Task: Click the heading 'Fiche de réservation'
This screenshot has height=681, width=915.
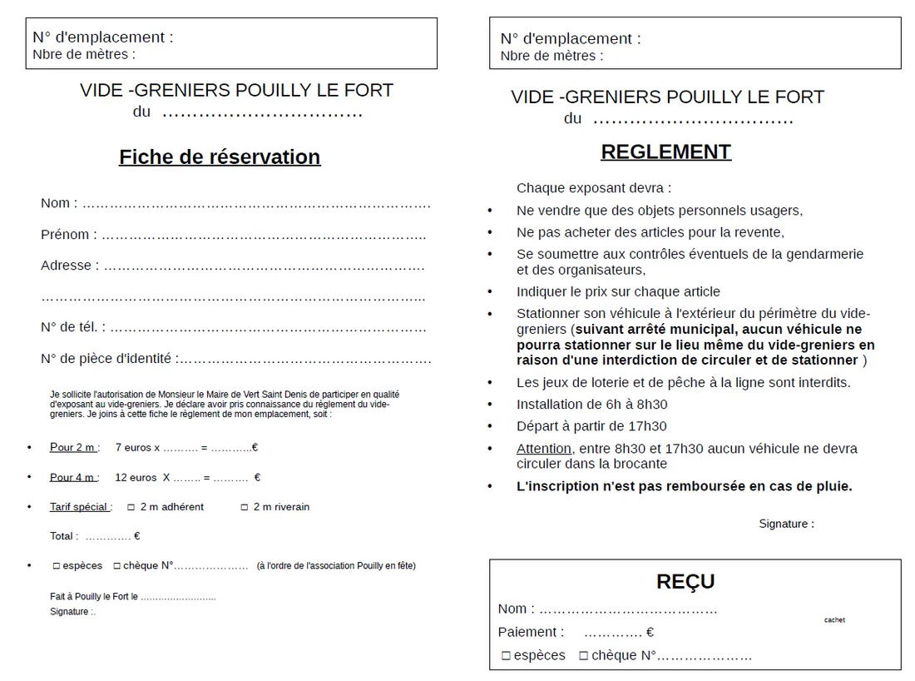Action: click(220, 157)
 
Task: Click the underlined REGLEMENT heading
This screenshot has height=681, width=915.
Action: click(665, 152)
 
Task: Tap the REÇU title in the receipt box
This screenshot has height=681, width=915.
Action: click(685, 581)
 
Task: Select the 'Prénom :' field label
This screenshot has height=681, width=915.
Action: click(68, 235)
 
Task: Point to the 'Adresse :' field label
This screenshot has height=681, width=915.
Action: click(69, 266)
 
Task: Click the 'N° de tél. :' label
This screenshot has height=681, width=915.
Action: click(73, 327)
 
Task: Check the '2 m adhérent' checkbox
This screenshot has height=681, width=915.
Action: click(131, 507)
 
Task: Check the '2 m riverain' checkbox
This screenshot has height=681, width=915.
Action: click(245, 507)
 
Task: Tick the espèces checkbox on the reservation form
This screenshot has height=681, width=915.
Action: click(57, 566)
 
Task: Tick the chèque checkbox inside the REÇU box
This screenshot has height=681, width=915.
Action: click(584, 656)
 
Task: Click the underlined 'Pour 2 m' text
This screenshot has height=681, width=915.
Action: click(73, 447)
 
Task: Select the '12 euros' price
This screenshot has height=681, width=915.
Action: click(136, 477)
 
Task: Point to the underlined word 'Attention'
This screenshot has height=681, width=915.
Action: click(544, 449)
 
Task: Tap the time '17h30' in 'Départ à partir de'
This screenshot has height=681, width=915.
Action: click(650, 426)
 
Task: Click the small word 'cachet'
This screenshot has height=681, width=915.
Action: click(834, 620)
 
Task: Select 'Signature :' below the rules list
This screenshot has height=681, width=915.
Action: click(786, 524)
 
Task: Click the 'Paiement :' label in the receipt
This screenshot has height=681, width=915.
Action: click(531, 633)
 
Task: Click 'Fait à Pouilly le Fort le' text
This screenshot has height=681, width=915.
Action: click(94, 597)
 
